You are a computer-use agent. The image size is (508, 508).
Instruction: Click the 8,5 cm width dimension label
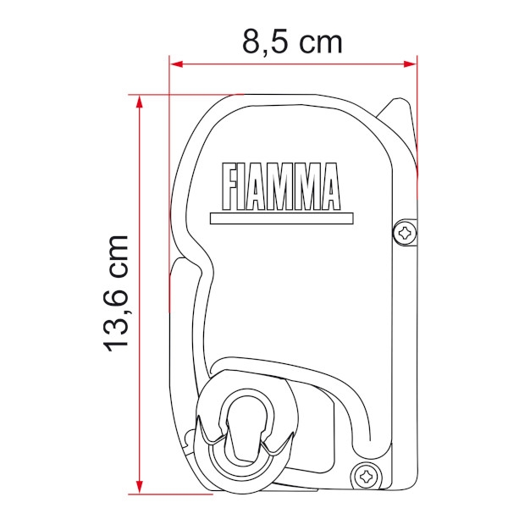pos(292,43)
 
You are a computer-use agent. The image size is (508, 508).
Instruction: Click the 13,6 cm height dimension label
pos(116,294)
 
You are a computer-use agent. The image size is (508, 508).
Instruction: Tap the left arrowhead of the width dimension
pos(176,63)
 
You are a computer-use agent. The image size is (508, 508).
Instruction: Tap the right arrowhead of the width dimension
pos(410,63)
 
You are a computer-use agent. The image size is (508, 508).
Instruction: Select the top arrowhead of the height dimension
pos(140,102)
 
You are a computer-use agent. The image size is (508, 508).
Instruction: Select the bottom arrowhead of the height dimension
pos(140,487)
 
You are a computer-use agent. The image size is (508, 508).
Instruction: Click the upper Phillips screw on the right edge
pos(405,233)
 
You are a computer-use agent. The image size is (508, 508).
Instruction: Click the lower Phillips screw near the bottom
pos(366,476)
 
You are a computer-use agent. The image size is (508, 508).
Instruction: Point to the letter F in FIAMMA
pos(229,186)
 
